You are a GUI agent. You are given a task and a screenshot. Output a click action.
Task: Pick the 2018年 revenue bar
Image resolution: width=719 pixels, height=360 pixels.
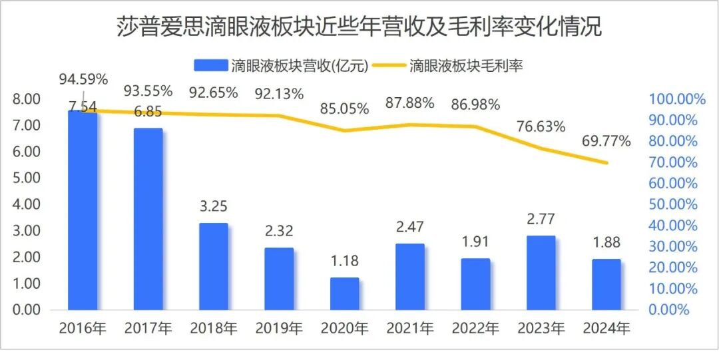pos(214,266)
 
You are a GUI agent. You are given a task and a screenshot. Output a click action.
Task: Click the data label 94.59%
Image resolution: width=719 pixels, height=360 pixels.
pos(83,80)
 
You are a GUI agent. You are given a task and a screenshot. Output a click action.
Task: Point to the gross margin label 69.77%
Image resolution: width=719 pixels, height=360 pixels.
pos(606,141)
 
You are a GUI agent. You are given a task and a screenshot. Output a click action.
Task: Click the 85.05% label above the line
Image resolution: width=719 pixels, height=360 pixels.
pos(345,108)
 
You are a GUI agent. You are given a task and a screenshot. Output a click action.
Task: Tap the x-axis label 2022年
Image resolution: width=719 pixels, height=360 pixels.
pos(475,328)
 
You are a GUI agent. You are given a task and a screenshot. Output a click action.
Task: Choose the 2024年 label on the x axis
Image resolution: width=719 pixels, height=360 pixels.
pos(606,328)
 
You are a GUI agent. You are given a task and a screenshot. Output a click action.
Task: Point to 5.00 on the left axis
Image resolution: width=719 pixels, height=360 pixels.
pos(26,178)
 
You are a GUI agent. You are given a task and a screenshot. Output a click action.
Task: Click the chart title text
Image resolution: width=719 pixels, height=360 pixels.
pos(359,27)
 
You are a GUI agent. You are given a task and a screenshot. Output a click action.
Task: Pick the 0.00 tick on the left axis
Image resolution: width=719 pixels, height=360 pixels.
pos(26,310)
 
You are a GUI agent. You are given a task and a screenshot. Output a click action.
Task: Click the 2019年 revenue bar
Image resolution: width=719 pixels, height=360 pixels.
pos(279,279)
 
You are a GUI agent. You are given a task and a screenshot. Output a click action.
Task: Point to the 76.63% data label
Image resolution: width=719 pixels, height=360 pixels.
pos(541,126)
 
